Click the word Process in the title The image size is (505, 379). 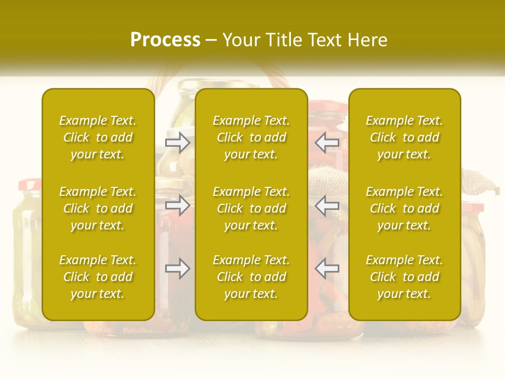click(x=165, y=40)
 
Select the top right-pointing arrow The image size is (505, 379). click(x=178, y=142)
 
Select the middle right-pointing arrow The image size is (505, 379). click(x=178, y=205)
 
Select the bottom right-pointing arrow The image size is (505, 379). click(x=178, y=269)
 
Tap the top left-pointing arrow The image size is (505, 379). click(x=327, y=142)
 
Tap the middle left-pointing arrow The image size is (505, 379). click(x=327, y=205)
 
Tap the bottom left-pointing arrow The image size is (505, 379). click(x=327, y=269)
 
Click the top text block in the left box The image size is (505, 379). click(x=98, y=137)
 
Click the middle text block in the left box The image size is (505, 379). click(x=98, y=208)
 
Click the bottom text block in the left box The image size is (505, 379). click(x=98, y=277)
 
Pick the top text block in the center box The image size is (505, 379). click(x=251, y=137)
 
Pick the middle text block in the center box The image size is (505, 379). click(x=251, y=208)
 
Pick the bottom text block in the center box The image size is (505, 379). click(x=251, y=277)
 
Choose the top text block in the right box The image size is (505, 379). click(x=405, y=137)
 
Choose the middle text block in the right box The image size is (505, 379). click(x=405, y=208)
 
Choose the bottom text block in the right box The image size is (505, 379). click(x=405, y=277)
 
